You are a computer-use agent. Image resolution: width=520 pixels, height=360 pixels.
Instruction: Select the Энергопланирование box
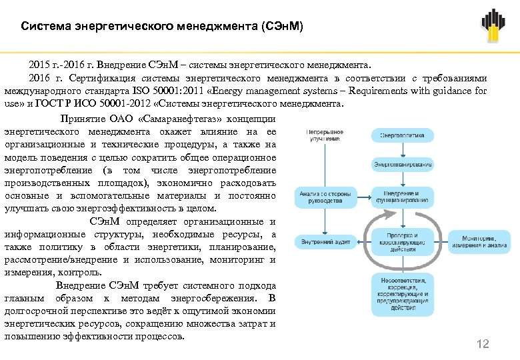402,163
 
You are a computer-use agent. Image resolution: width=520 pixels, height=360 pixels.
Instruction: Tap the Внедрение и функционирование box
402,196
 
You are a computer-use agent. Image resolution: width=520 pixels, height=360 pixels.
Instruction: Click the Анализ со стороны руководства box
321,196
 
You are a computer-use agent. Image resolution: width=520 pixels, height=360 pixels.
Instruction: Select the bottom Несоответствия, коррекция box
402,293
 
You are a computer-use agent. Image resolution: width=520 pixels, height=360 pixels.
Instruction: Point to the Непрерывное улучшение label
325,135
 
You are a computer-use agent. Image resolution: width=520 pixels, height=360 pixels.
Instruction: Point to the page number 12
483,344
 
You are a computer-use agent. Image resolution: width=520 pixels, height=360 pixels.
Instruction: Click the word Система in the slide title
43,27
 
